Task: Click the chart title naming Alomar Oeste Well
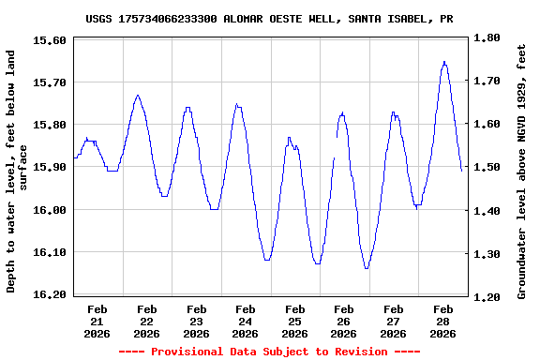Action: (269, 18)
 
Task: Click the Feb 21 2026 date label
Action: (97, 321)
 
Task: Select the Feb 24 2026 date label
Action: (246, 321)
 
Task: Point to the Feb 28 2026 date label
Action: (442, 321)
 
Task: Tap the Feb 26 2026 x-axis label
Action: (344, 321)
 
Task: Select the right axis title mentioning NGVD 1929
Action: (521, 167)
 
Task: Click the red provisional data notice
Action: (269, 352)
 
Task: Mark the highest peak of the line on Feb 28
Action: (444, 62)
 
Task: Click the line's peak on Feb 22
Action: (138, 95)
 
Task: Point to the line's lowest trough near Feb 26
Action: (367, 268)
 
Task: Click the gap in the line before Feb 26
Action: (336, 147)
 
